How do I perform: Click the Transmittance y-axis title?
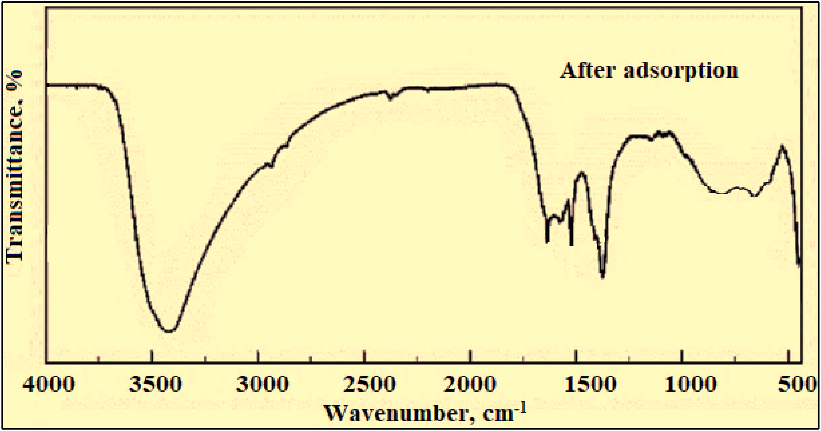14,167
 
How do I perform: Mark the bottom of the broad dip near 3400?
169,331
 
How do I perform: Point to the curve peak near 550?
782,146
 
